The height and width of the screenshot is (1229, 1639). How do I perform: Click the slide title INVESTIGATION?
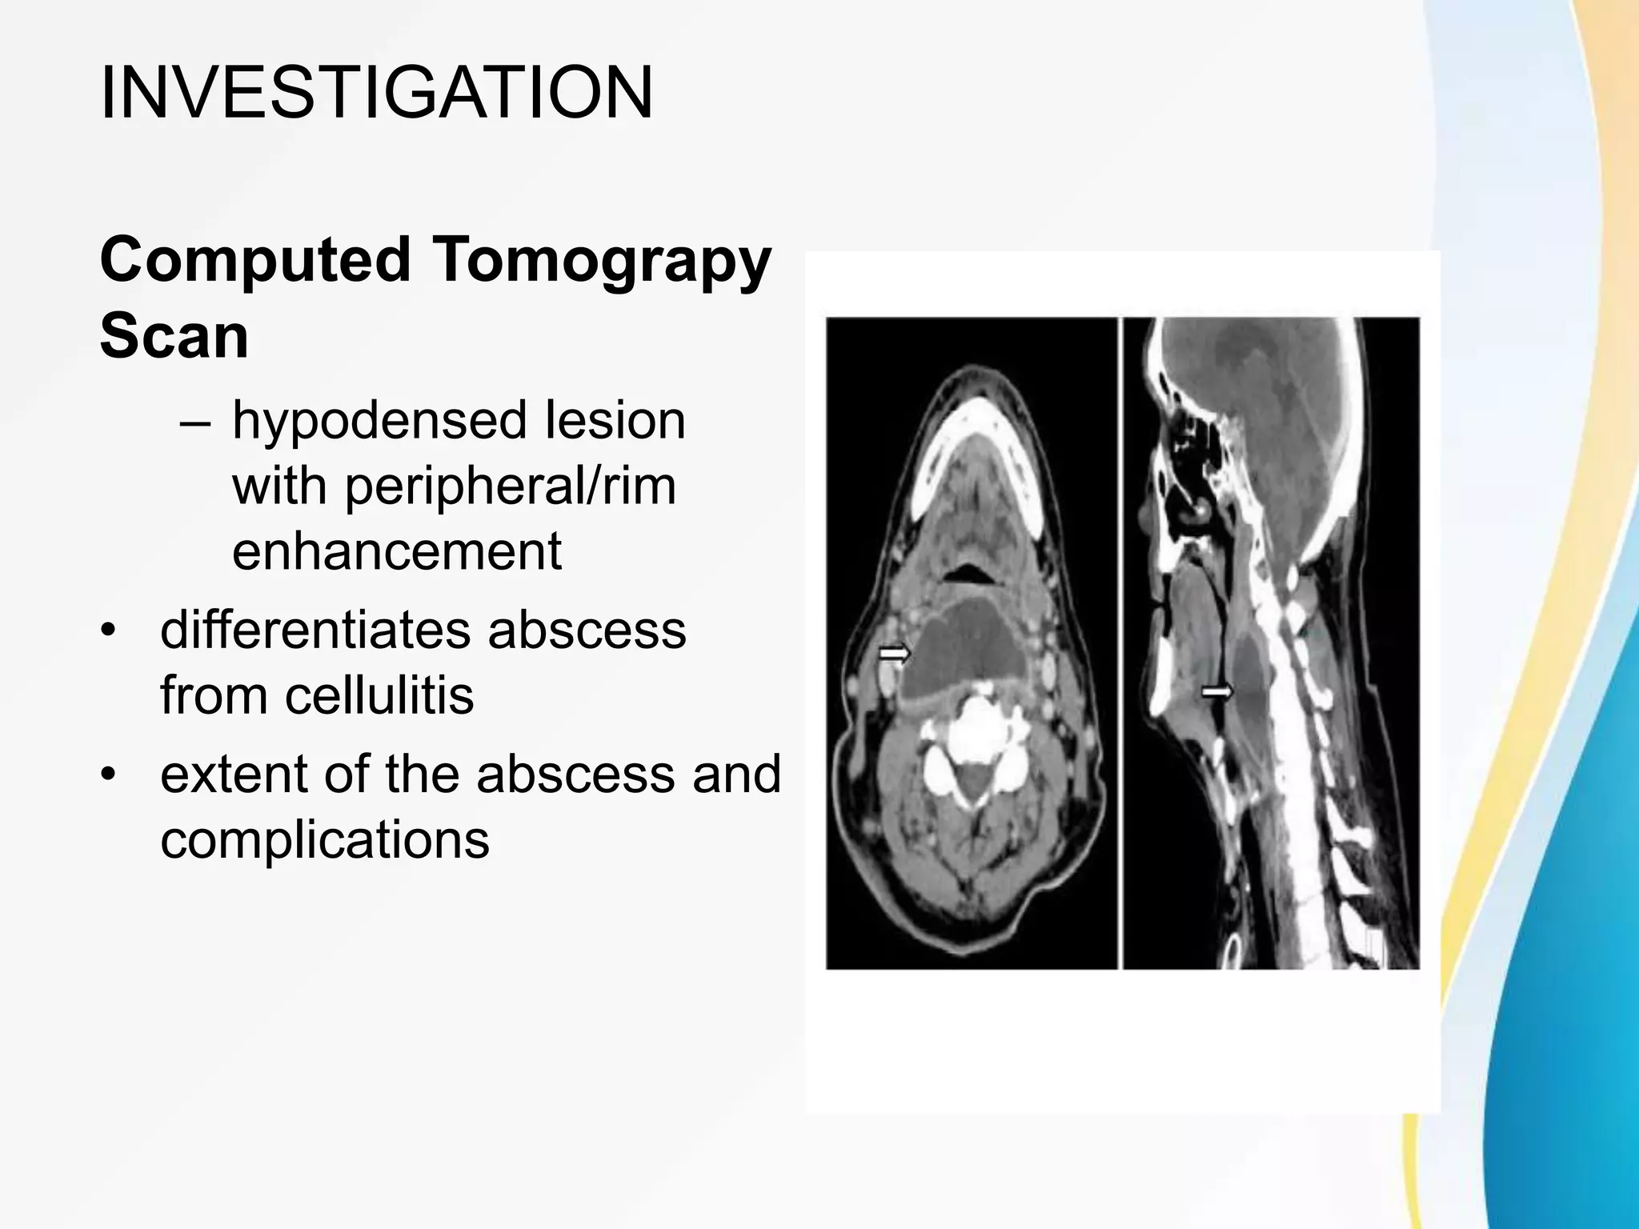(x=376, y=94)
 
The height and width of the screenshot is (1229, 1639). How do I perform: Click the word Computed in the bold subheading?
(x=255, y=260)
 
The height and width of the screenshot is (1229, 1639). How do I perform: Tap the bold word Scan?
(x=174, y=336)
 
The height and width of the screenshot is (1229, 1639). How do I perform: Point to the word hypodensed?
(x=380, y=422)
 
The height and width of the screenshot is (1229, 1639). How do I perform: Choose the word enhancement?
(x=397, y=551)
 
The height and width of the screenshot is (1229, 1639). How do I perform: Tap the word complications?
(x=325, y=839)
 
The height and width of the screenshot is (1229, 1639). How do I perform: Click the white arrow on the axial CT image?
(x=895, y=654)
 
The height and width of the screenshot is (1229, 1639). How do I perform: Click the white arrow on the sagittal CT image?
(x=1217, y=691)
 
